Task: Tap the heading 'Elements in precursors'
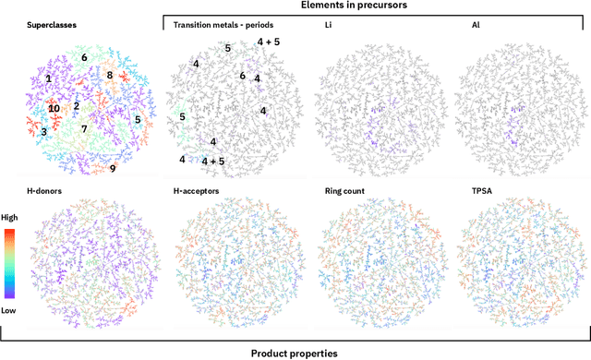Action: (374, 6)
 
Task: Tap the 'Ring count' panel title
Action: (348, 192)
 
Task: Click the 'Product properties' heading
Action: (294, 352)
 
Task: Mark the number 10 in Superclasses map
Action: (54, 108)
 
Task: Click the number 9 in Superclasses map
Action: (113, 168)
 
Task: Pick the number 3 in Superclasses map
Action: (43, 132)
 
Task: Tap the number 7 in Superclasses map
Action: (84, 128)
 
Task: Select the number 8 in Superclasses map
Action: (109, 76)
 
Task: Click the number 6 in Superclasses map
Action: (84, 58)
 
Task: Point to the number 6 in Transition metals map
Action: (242, 76)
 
